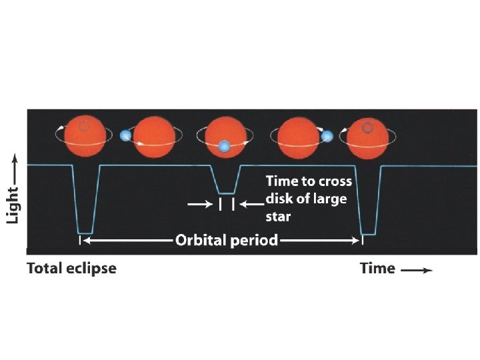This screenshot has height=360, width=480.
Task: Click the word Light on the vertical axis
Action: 13,199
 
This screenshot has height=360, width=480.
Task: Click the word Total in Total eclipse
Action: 43,269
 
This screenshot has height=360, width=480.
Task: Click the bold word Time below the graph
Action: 377,269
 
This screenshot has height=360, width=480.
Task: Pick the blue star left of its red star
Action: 125,135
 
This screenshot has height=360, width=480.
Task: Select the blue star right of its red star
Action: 327,136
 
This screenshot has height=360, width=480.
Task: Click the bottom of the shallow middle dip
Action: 226,193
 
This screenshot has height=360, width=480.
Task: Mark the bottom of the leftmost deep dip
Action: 85,233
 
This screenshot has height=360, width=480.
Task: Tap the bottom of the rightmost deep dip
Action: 368,234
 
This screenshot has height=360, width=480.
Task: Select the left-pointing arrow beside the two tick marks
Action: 251,205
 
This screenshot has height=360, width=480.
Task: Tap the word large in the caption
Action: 333,199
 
